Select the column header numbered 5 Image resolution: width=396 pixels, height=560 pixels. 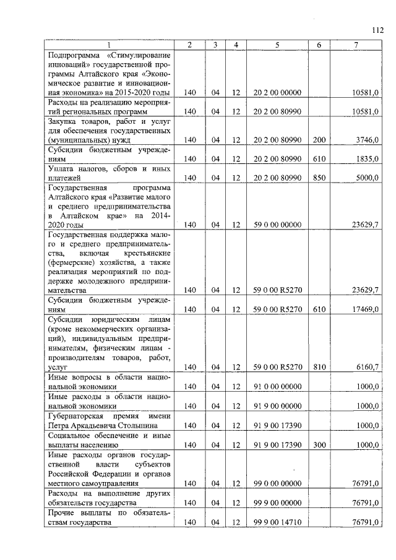pos(277,45)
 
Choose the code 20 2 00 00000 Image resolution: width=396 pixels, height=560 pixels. pos(277,93)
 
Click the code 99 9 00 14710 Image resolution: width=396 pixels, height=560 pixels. pos(277,523)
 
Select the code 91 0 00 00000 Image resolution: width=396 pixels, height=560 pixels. pos(277,386)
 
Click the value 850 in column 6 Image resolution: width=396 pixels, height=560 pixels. pos(319,178)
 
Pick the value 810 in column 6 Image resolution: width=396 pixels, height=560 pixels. pos(319,367)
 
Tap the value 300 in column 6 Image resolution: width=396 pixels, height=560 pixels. pos(319,445)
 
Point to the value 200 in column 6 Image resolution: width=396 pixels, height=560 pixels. pos(319,140)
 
